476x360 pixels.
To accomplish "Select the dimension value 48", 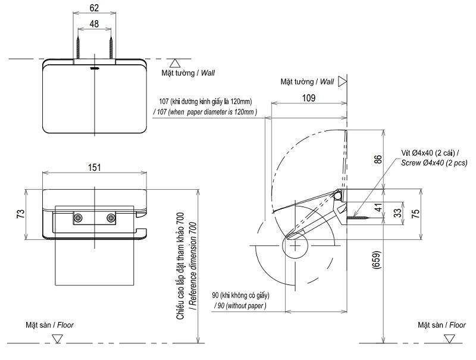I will coord(94,24).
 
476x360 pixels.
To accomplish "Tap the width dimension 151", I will coord(94,167).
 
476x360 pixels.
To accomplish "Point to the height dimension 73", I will coord(20,213).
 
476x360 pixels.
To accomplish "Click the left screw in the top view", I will coord(78,45).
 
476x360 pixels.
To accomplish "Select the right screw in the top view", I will coord(111,45).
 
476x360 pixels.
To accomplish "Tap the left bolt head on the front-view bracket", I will coord(78,218).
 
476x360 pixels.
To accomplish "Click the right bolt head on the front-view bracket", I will coord(110,218).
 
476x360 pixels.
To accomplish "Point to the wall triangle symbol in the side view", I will coord(342,82).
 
